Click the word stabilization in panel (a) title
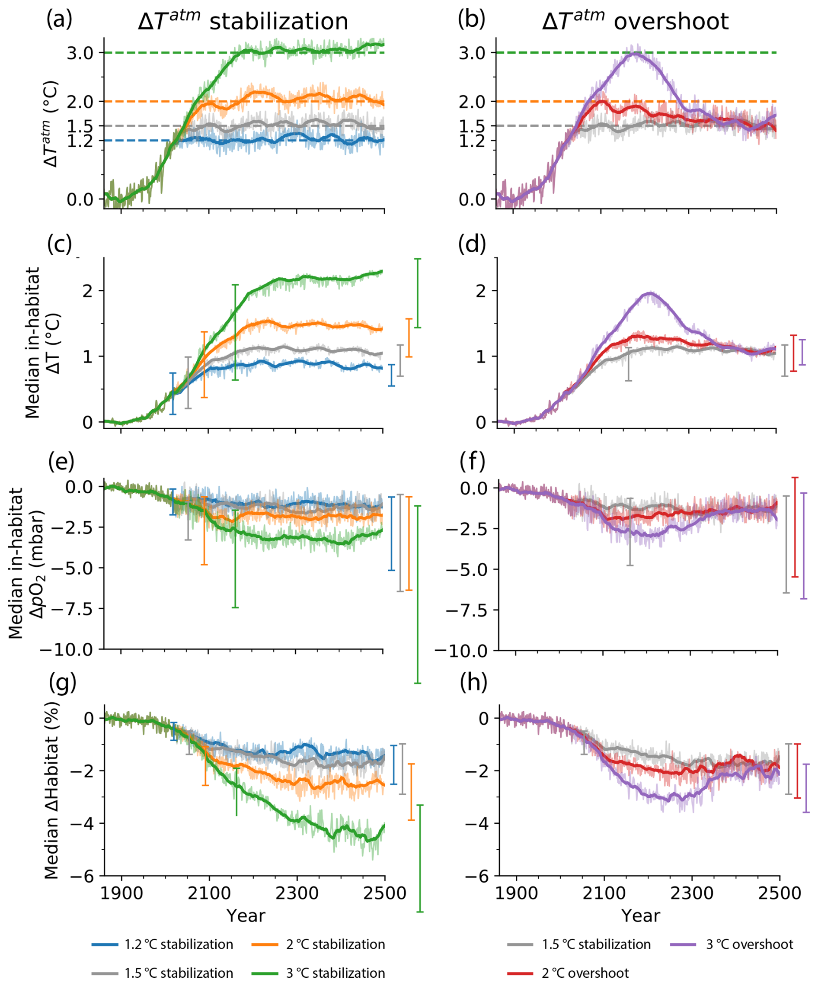[x=278, y=22]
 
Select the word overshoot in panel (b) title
[x=671, y=22]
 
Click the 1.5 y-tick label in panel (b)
[x=472, y=126]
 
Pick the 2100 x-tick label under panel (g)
[x=209, y=893]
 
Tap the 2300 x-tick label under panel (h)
[x=692, y=893]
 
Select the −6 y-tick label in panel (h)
[x=477, y=877]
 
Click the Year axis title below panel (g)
[x=246, y=915]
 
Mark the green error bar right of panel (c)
[x=418, y=293]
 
